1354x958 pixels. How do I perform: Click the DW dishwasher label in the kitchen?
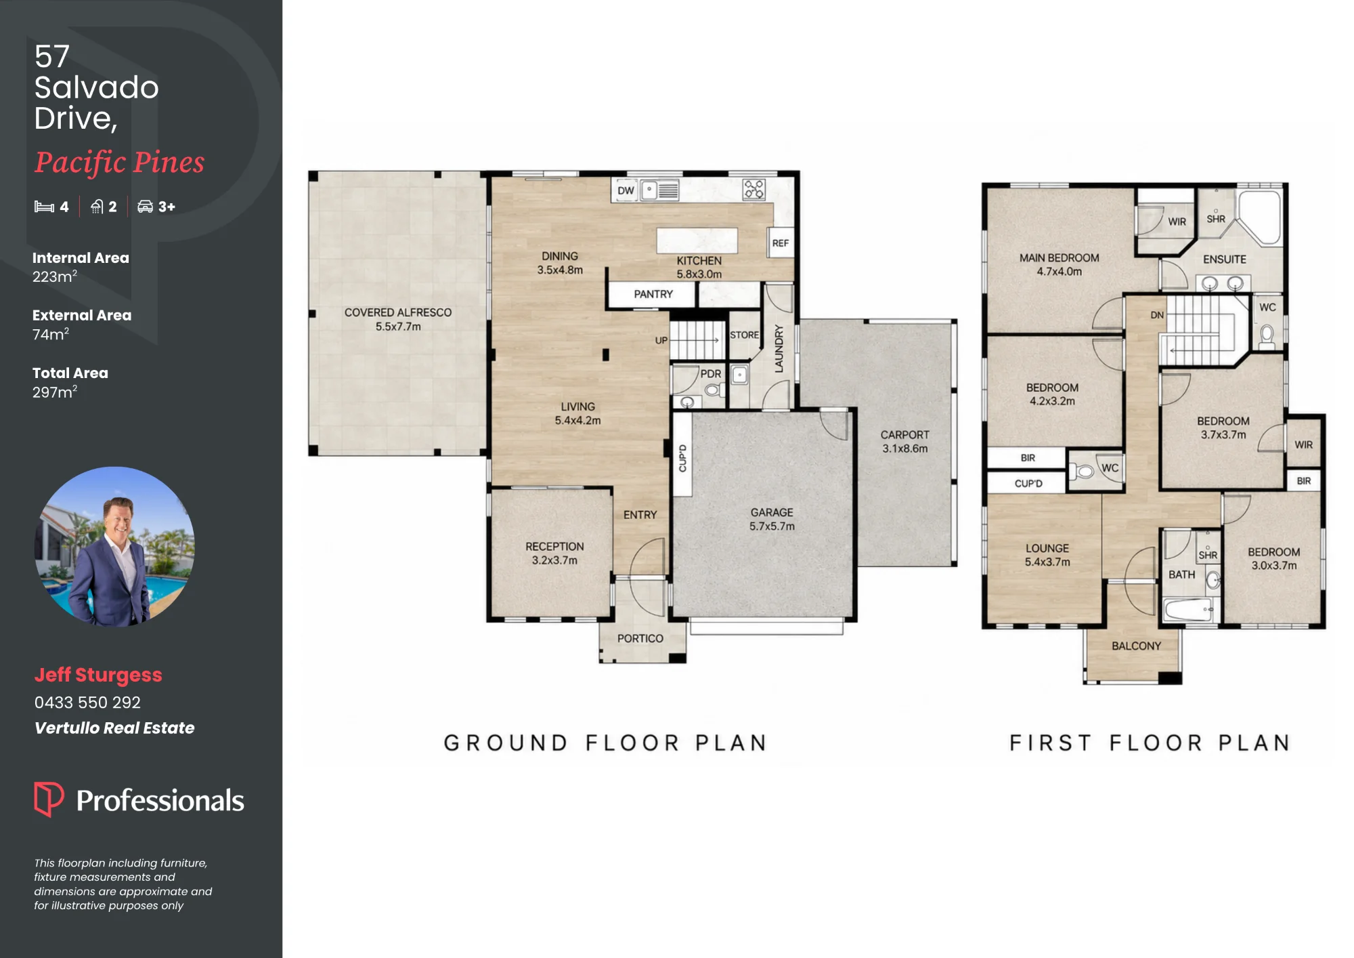[x=626, y=190]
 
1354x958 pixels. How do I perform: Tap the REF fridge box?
[x=781, y=243]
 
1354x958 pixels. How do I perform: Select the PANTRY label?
[x=653, y=294]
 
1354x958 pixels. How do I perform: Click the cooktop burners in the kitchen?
[x=754, y=189]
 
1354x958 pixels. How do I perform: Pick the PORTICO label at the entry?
[x=640, y=638]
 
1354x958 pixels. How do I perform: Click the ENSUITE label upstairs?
[x=1225, y=259]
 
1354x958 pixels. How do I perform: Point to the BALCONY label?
[x=1136, y=646]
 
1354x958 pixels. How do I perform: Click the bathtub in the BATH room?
[x=1189, y=610]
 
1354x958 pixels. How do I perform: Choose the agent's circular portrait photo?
[x=115, y=546]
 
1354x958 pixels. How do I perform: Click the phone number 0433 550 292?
[x=87, y=703]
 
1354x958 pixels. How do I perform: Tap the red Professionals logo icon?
[x=49, y=799]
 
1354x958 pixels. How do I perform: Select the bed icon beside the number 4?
[x=44, y=207]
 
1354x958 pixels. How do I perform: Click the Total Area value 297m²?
[x=55, y=392]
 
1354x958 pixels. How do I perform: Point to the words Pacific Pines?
[x=119, y=163]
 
